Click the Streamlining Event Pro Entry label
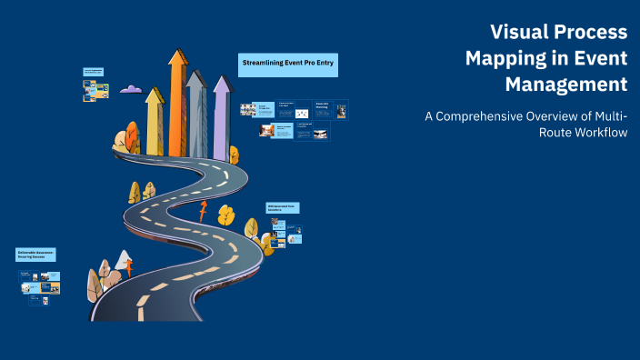pyautogui.click(x=288, y=64)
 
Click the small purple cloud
pyautogui.click(x=131, y=89)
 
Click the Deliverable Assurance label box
pyautogui.click(x=36, y=255)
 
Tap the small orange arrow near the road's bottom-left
pyautogui.click(x=129, y=267)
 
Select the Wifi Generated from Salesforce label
pyautogui.click(x=283, y=208)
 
